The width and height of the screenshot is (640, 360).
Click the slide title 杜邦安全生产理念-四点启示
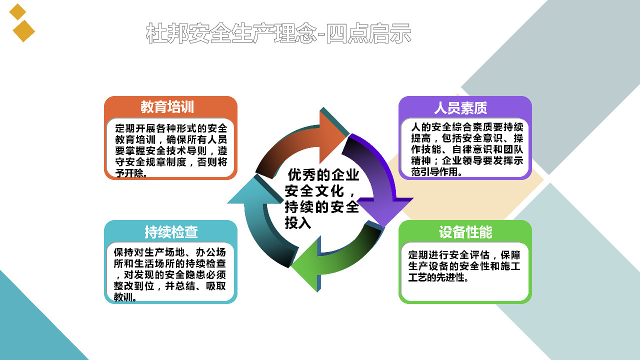278,33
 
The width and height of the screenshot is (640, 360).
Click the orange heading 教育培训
167,107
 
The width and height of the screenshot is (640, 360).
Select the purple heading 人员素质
461,108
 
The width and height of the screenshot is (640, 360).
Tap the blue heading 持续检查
171,231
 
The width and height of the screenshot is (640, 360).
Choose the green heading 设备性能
465,232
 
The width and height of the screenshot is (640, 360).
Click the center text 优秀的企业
323,175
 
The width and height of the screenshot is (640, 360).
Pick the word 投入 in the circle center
297,223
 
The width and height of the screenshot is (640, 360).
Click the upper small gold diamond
17,12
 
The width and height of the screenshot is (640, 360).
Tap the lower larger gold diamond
23,31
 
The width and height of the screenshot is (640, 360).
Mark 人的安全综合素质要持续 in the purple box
467,127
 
